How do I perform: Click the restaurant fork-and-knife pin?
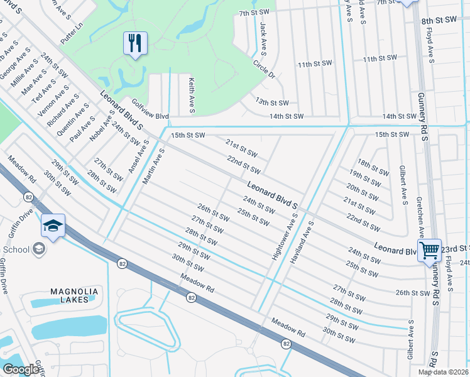[135, 43]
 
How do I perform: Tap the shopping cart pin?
[430, 250]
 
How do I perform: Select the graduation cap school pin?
[53, 225]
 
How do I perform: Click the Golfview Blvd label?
[150, 109]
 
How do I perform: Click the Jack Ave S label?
[263, 38]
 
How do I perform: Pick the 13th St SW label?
[271, 102]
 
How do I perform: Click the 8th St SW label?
[439, 20]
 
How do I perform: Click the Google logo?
[21, 369]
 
